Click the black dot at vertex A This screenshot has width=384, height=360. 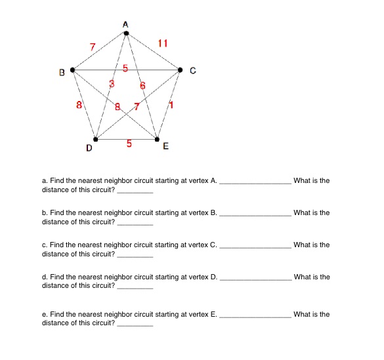click(126, 31)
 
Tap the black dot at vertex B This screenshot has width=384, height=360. click(72, 70)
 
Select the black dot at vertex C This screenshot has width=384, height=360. click(181, 70)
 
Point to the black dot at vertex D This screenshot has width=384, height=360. click(96, 139)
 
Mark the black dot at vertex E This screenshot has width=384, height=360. click(157, 139)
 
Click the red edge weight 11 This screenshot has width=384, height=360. click(163, 44)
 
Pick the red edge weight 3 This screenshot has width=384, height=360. click(112, 84)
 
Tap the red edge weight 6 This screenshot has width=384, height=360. click(142, 86)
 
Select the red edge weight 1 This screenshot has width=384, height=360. click(171, 105)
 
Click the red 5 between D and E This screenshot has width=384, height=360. click(129, 144)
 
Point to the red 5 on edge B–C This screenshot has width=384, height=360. click(127, 68)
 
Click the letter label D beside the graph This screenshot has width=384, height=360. click(89, 148)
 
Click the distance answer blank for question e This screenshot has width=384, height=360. click(135, 325)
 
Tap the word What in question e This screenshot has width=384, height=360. click(303, 315)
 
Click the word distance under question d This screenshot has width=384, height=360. click(54, 286)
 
